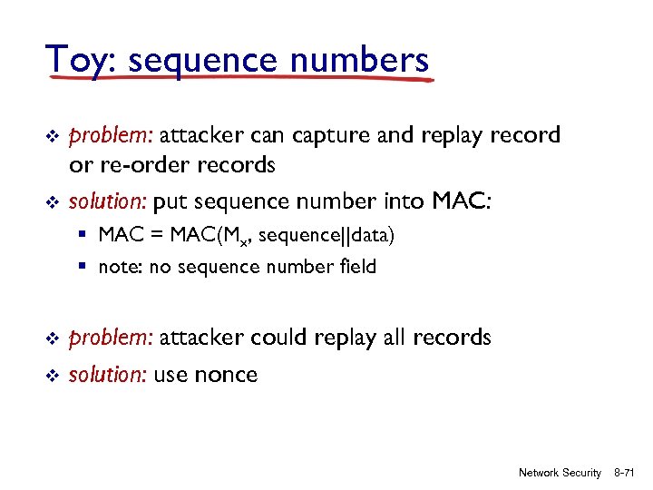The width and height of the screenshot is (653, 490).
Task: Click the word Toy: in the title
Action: pos(81,61)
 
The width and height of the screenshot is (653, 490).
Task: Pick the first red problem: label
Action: pos(111,136)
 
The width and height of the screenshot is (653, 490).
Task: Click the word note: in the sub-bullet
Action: pos(120,267)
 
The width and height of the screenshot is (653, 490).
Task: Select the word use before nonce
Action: pos(171,376)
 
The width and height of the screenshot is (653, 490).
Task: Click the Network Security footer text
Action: pos(560,473)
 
